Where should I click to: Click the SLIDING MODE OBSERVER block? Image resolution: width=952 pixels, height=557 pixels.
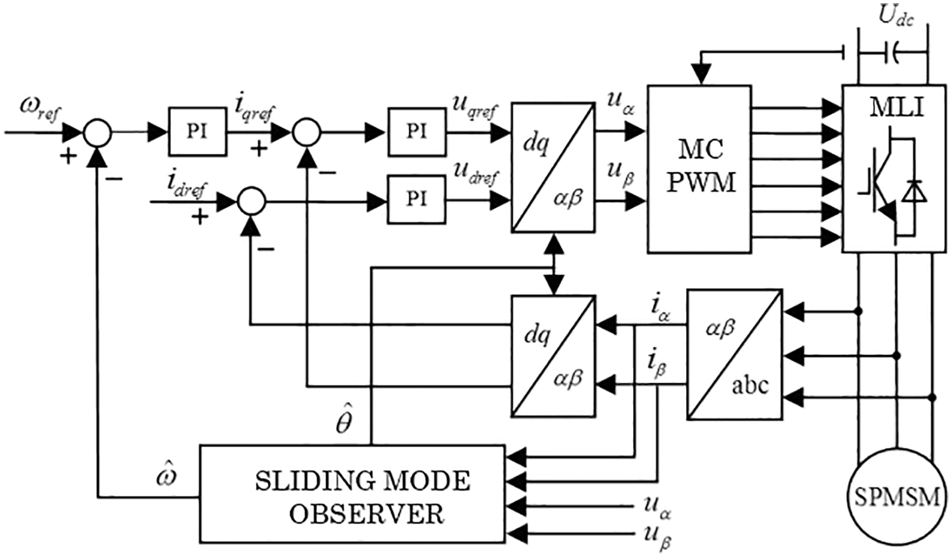click(x=353, y=494)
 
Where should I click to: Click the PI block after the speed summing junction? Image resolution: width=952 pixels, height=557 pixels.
click(x=197, y=132)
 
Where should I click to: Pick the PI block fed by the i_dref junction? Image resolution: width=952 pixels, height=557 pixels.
click(x=416, y=199)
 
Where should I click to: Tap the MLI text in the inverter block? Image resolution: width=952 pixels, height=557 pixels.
click(x=896, y=108)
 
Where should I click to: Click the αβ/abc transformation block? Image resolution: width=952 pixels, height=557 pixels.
click(x=734, y=354)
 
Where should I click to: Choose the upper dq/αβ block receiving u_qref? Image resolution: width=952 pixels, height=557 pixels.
click(x=553, y=167)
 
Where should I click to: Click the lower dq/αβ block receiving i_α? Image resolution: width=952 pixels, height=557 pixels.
click(x=553, y=355)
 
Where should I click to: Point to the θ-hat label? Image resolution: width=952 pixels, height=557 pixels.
click(x=344, y=421)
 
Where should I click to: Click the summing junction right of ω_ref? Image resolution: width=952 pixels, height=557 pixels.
click(x=97, y=133)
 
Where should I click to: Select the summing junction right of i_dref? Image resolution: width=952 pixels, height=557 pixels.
click(x=251, y=202)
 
